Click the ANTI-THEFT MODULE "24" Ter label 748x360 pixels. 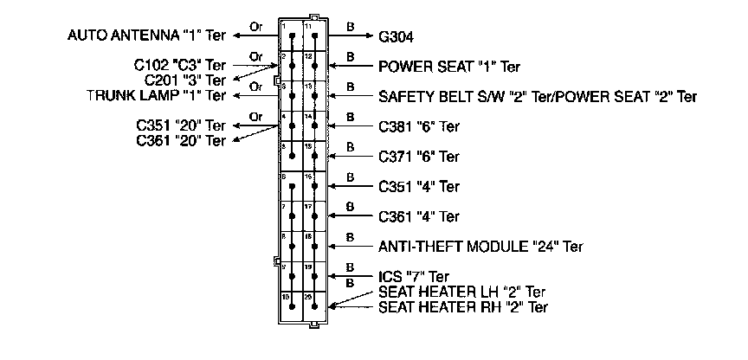coord(480,246)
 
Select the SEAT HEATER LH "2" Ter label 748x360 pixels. coord(462,292)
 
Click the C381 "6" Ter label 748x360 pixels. coord(419,126)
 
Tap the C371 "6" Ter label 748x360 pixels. coord(419,157)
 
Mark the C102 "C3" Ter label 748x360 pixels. coord(179,65)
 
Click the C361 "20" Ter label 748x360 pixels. coord(181,139)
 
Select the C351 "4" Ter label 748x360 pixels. coord(419,186)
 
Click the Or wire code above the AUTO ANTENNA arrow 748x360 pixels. coord(255,26)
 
